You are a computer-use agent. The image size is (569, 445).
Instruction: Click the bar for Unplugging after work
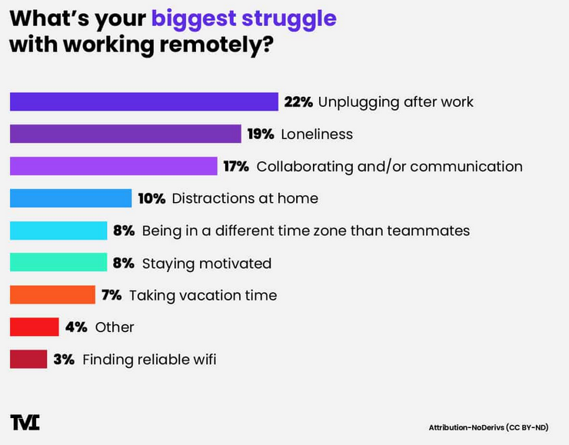pyautogui.click(x=144, y=101)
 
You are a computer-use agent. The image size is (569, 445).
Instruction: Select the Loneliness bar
pyautogui.click(x=125, y=134)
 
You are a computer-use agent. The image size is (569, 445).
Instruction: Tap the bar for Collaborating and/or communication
pyautogui.click(x=114, y=166)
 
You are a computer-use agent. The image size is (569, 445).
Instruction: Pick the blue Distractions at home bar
pyautogui.click(x=71, y=198)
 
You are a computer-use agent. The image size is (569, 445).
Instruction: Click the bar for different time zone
pyautogui.click(x=58, y=231)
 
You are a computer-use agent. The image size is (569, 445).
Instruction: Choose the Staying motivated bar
pyautogui.click(x=58, y=262)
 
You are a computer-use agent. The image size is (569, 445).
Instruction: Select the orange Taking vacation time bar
pyautogui.click(x=52, y=294)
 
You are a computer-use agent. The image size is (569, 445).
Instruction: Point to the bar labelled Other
pyautogui.click(x=34, y=327)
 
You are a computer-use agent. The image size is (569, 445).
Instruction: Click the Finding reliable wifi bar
pyautogui.click(x=28, y=359)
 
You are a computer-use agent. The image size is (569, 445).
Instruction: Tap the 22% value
pyautogui.click(x=298, y=102)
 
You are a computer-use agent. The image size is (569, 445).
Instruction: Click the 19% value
pyautogui.click(x=261, y=134)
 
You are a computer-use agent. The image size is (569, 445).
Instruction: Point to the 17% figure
pyautogui.click(x=236, y=167)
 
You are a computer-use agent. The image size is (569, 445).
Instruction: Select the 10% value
pyautogui.click(x=151, y=199)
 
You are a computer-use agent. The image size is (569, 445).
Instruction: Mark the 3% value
pyautogui.click(x=64, y=360)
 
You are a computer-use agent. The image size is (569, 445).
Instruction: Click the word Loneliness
pyautogui.click(x=317, y=134)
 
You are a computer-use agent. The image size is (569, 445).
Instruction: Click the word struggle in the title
pyautogui.click(x=289, y=19)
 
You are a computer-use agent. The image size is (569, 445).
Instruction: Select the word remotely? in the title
pyautogui.click(x=217, y=45)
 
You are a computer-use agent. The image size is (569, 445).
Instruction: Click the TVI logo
pyautogui.click(x=25, y=422)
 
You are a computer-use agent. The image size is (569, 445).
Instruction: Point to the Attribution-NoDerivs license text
pyautogui.click(x=488, y=427)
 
